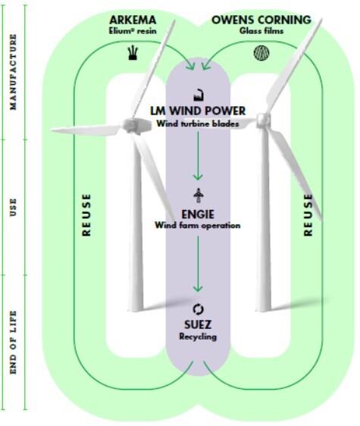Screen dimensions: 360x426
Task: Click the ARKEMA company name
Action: [133, 20]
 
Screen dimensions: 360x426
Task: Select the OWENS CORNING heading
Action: [261, 20]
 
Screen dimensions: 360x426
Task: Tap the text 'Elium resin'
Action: [133, 31]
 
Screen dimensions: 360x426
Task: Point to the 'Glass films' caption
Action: [261, 31]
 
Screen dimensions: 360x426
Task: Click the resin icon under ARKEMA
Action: [133, 53]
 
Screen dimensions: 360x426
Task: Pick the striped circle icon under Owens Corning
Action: [261, 53]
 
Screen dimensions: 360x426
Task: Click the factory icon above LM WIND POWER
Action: [199, 95]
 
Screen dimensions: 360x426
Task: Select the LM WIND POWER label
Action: [198, 111]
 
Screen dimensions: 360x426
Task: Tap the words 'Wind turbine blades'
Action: [198, 124]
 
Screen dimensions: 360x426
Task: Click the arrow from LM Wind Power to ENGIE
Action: [198, 155]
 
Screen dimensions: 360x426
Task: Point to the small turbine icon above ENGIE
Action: [199, 196]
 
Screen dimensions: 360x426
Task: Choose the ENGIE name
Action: [198, 215]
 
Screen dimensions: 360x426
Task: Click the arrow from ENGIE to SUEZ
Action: [198, 264]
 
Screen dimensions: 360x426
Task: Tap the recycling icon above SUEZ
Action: [198, 309]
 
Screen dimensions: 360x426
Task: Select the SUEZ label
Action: [198, 324]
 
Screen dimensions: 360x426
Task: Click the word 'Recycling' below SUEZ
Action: [198, 337]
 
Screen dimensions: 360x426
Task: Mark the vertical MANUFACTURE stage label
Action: [13, 72]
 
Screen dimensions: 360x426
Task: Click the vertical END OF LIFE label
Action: [13, 343]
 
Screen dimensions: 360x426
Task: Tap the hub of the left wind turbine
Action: [130, 125]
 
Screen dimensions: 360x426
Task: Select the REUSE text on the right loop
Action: [308, 215]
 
